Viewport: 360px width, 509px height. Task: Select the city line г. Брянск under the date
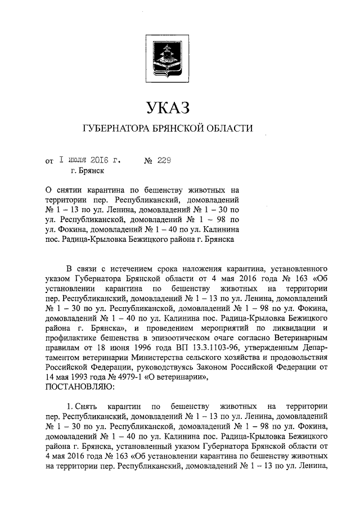pos(87,171)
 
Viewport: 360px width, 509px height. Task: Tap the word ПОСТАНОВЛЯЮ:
pos(79,387)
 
